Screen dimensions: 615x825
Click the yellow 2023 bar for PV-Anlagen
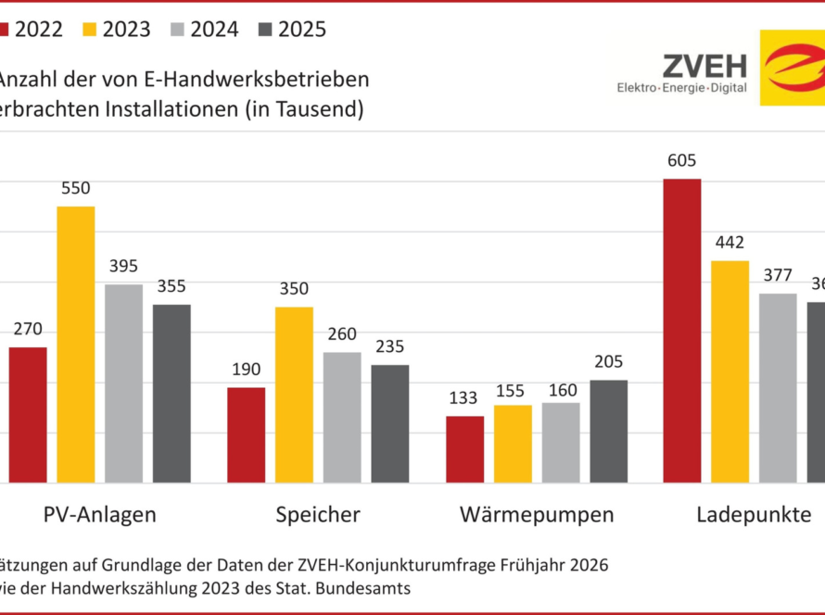pos(76,344)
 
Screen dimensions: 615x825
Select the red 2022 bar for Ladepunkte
pos(682,330)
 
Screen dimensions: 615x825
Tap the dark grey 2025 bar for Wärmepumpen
pos(608,431)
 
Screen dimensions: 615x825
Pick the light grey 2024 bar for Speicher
pos(342,417)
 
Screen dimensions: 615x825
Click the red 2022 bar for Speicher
pos(246,434)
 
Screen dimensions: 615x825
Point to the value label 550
pos(75,188)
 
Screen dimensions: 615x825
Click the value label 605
pos(681,160)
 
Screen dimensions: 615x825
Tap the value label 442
pos(730,243)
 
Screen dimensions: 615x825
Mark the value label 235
pos(389,346)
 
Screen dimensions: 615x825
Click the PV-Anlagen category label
pos(99,515)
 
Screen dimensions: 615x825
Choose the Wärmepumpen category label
pos(537,515)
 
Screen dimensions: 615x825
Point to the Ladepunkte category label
pos(754,515)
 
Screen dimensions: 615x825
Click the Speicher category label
pos(318,515)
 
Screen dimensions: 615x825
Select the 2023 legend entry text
pos(126,29)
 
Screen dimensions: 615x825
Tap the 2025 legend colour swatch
pos(262,29)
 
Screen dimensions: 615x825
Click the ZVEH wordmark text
pos(704,66)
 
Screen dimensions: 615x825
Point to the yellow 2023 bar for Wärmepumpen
pos(513,444)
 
